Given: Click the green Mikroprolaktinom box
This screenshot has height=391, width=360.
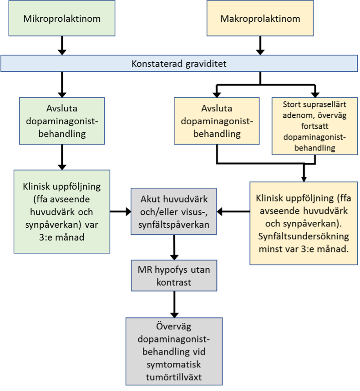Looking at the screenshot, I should point(61,19).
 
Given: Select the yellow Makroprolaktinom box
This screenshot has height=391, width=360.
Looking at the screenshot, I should point(260,19).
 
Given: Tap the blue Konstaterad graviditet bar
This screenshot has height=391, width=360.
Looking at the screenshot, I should point(180,64).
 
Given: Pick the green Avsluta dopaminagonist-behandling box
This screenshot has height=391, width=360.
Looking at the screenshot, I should point(62,121).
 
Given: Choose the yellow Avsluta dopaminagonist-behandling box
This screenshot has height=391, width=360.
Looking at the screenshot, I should point(217,121).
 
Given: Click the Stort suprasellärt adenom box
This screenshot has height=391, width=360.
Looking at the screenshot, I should point(314,125).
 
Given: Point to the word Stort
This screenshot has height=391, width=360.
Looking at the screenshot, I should point(291,105).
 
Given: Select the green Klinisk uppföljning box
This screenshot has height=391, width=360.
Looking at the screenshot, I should point(62,212).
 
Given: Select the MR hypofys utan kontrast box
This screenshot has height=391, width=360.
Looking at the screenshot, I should point(173,276).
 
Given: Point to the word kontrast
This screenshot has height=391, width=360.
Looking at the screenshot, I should point(173,282).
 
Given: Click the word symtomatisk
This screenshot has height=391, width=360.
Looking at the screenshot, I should point(173,365).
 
